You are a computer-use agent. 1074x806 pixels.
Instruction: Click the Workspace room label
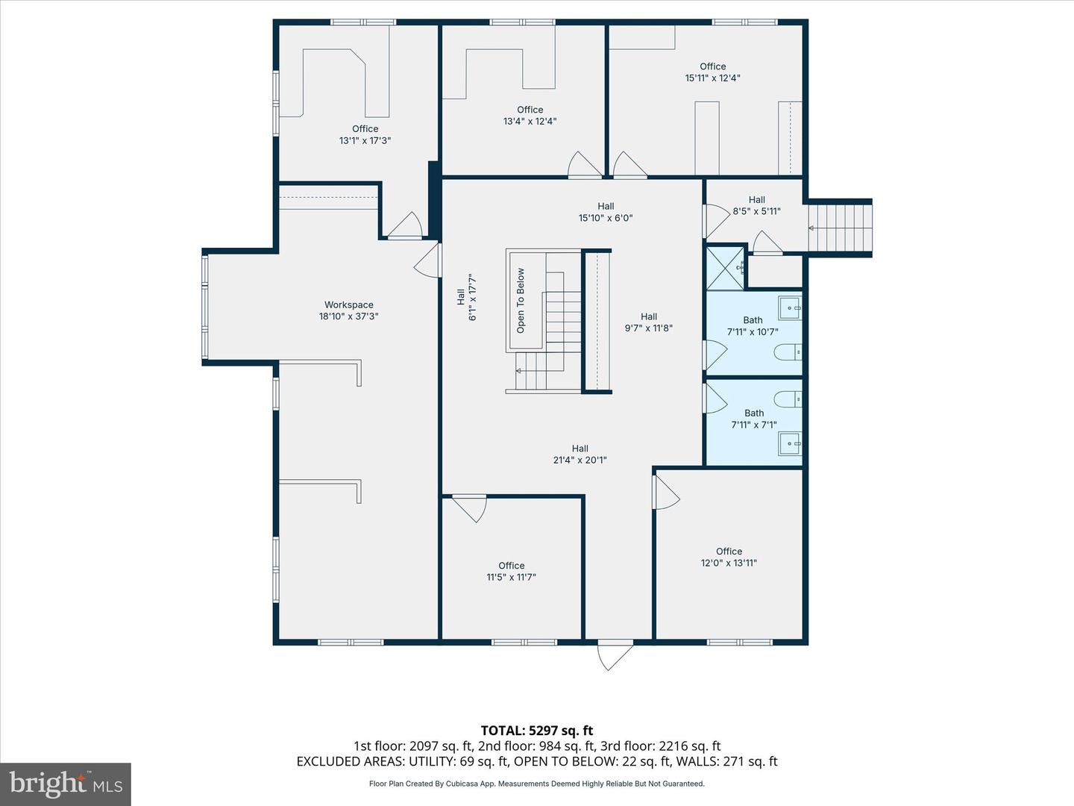click(348, 305)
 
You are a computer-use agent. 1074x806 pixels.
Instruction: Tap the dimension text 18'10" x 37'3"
click(348, 316)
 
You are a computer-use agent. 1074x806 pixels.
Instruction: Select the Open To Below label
click(520, 301)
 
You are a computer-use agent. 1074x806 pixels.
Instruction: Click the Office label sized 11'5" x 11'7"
click(512, 565)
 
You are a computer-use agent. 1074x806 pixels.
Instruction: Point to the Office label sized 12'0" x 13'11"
click(729, 551)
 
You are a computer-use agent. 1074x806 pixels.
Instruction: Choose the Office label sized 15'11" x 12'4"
click(712, 66)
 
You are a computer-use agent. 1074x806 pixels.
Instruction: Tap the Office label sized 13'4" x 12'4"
click(530, 110)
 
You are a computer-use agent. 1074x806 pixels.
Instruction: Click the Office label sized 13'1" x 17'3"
click(365, 128)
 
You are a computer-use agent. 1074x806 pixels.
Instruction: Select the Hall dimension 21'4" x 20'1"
click(580, 460)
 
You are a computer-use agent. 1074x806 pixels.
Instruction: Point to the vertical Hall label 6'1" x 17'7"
click(466, 297)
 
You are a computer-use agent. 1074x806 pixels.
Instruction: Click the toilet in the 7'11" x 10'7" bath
click(788, 352)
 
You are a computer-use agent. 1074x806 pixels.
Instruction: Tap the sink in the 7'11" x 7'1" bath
click(790, 444)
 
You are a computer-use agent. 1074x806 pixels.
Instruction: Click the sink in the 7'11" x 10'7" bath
click(790, 307)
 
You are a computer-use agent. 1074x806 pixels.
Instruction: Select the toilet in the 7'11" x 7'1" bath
click(788, 399)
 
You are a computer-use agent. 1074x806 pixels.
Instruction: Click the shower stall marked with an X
click(726, 268)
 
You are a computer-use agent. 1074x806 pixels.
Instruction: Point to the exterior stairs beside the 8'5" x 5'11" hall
click(840, 228)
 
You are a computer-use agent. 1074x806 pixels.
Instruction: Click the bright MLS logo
click(66, 784)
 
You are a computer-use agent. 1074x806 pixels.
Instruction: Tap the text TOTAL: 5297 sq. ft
click(537, 731)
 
